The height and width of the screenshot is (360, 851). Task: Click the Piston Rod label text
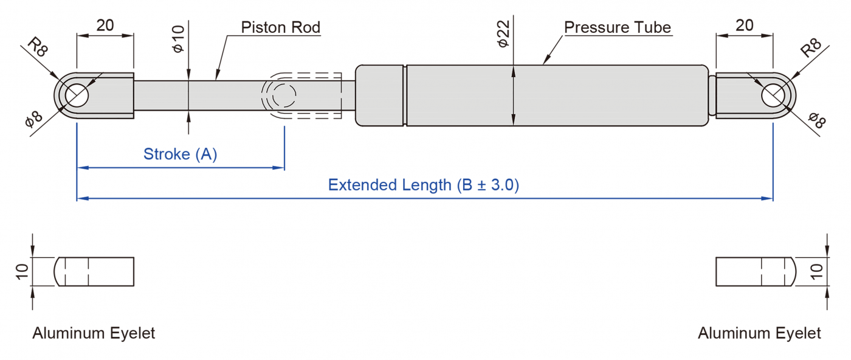tap(280, 27)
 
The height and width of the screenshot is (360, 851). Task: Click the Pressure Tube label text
tap(617, 27)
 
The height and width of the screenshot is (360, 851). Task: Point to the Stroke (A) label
tap(180, 154)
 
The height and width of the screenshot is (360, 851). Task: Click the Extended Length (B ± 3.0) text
tap(423, 185)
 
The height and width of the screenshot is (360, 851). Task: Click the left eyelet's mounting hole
tap(77, 95)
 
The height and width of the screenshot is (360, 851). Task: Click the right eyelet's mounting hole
tap(773, 94)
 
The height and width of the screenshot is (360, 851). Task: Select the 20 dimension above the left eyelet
tap(105, 25)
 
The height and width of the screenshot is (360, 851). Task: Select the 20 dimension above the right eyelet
tap(744, 25)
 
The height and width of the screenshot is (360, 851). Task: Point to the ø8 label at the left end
tap(34, 119)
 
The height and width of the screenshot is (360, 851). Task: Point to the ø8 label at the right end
tap(816, 120)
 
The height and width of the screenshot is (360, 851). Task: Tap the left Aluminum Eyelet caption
tap(94, 333)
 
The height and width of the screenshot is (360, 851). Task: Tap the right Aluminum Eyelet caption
tap(759, 333)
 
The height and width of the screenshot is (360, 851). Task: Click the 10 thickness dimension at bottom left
tap(22, 272)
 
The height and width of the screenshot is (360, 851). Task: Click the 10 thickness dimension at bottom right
tap(818, 271)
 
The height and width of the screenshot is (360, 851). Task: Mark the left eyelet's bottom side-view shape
tap(94, 271)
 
